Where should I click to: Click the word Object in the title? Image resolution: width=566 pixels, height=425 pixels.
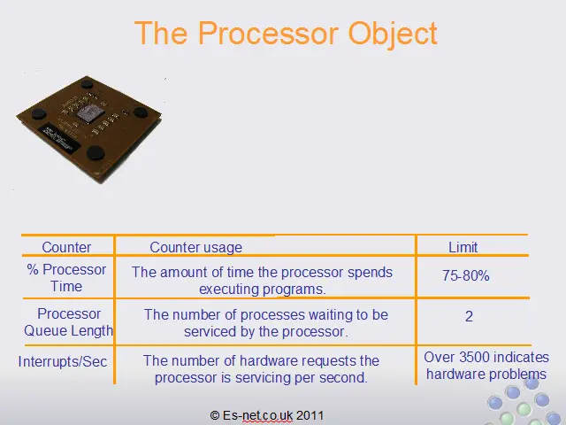point(393,34)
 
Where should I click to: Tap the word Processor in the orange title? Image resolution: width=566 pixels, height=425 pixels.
point(268,33)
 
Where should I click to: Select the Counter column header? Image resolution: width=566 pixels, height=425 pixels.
point(66,248)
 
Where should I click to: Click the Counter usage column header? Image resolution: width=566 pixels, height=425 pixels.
point(196,248)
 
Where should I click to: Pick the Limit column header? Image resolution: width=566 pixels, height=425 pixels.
point(463,248)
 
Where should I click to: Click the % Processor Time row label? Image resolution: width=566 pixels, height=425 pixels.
point(66,278)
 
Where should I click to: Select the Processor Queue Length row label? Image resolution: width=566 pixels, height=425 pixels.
point(68,322)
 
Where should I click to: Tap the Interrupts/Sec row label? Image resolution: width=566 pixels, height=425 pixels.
point(63,361)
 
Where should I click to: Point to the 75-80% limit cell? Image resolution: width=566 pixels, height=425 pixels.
point(466,275)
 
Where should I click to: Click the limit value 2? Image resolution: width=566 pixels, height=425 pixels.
point(469,317)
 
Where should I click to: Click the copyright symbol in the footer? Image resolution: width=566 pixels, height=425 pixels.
point(215,415)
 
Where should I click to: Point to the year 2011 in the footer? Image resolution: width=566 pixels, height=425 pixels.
point(310,415)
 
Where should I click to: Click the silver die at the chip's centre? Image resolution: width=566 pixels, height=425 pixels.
point(88,112)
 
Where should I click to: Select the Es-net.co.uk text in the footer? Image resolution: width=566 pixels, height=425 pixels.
point(257,415)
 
